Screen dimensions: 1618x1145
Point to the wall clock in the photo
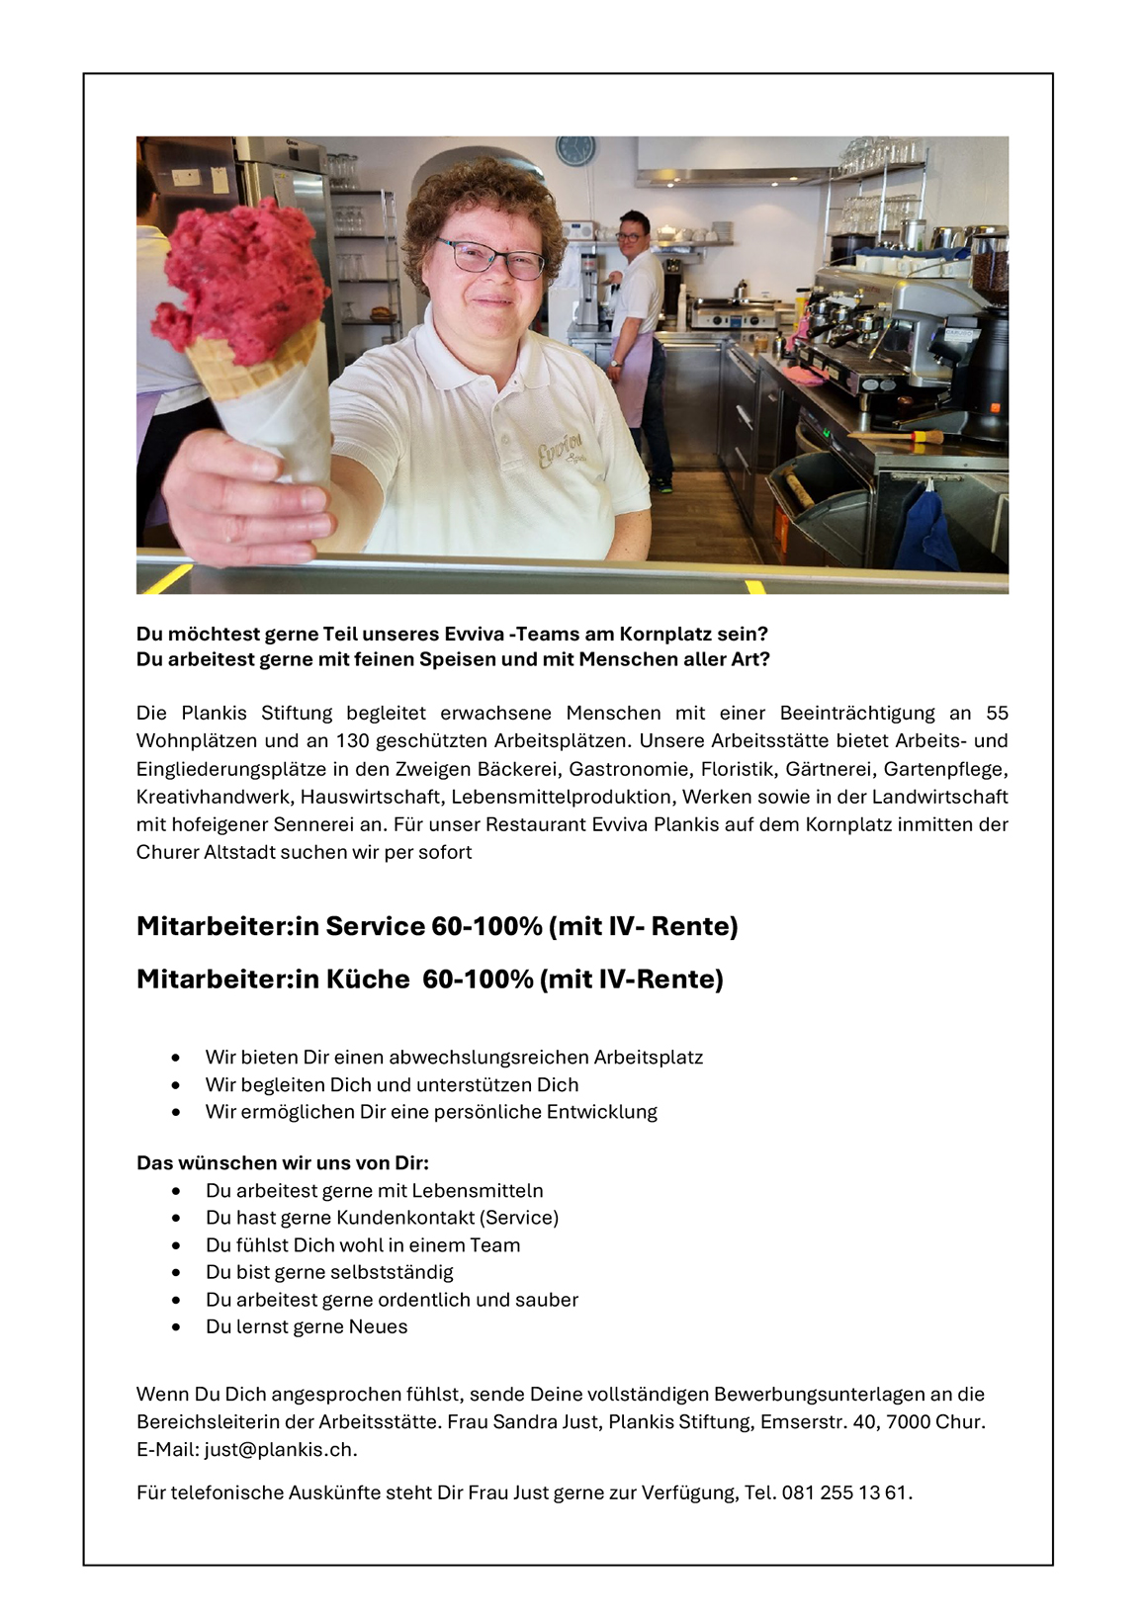point(574,151)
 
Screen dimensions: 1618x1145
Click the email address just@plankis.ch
point(280,1449)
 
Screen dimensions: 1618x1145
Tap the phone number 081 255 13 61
point(844,1492)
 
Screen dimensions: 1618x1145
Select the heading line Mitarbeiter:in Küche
point(430,979)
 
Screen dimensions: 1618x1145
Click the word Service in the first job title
point(375,926)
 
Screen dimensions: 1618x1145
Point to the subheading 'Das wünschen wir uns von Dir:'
point(283,1162)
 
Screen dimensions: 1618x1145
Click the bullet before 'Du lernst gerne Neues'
point(176,1327)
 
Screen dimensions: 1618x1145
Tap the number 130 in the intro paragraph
point(352,740)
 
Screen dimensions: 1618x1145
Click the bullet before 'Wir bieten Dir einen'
point(176,1058)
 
